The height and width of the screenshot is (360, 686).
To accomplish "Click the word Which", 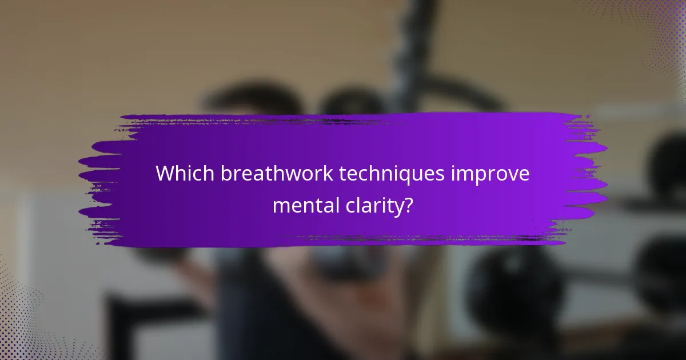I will click(184, 174).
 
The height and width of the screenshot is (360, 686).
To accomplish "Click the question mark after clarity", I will click(408, 205).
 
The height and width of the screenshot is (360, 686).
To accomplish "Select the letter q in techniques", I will click(410, 176).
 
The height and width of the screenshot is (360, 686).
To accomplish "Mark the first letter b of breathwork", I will click(224, 174).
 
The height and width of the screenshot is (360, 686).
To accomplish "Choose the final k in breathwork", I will click(328, 174).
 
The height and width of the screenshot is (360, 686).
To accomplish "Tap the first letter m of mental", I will click(280, 206).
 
